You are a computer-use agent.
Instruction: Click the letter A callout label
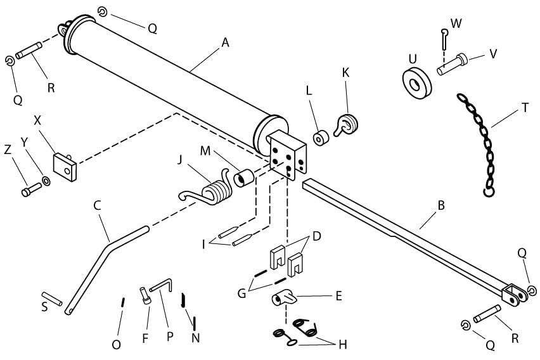(224, 42)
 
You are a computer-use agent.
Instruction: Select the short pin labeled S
(51, 299)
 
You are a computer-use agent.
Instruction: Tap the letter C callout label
(97, 205)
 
